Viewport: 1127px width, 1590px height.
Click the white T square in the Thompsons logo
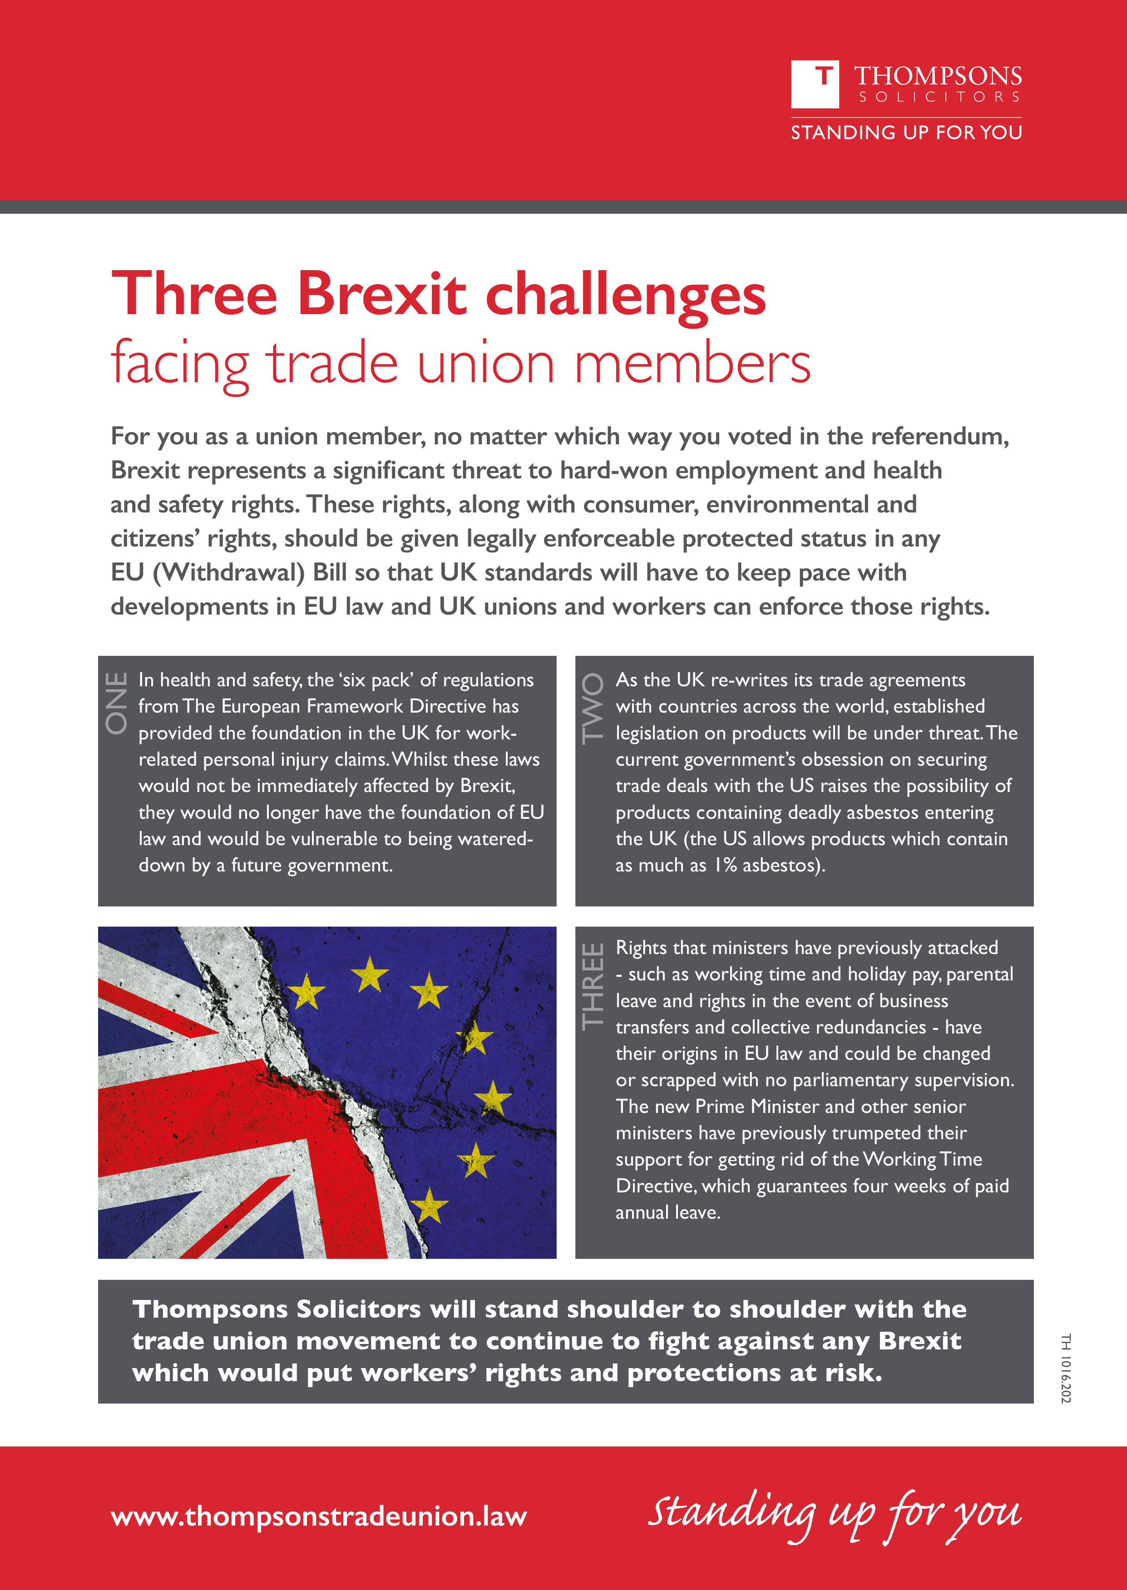tap(815, 84)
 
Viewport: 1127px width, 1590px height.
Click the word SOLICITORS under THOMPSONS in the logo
tap(939, 97)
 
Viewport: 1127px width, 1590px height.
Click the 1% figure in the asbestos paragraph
tap(725, 865)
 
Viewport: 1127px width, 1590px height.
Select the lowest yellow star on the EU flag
tap(430, 1205)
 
